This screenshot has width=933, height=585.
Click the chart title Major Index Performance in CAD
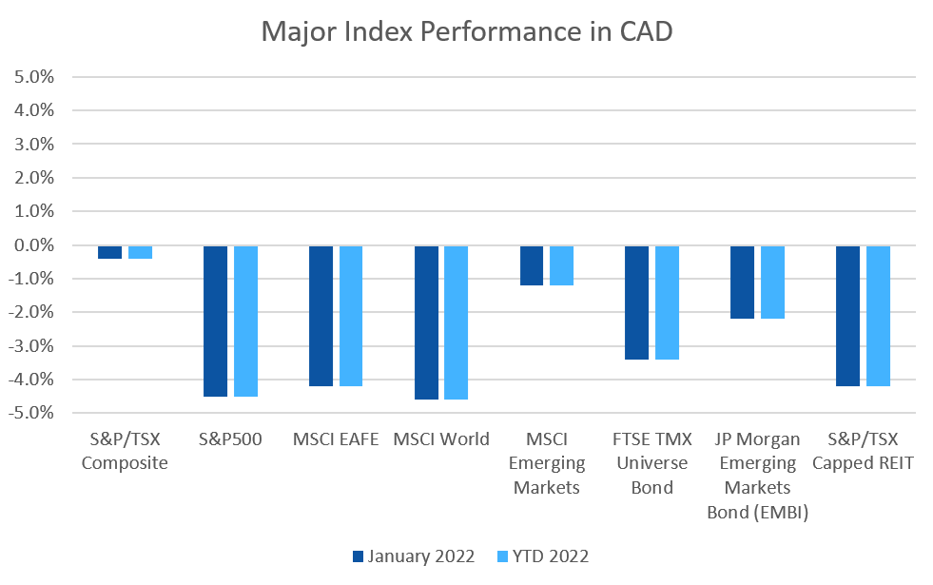pos(466,31)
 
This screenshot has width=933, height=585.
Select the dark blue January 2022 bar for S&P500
pos(216,321)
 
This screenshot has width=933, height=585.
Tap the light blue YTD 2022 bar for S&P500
pos(245,321)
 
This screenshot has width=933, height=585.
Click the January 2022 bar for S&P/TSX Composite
pos(110,252)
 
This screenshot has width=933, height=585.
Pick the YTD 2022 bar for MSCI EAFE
pos(351,316)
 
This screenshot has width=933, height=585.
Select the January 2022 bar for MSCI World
pos(427,322)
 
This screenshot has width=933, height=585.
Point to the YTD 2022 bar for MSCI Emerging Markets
pos(561,265)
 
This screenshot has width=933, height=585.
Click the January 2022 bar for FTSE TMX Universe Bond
pos(637,302)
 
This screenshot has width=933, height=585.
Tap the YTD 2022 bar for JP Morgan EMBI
pos(772,283)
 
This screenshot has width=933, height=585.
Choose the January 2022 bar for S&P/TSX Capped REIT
pos(847,316)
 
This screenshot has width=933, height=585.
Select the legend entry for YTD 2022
pos(543,556)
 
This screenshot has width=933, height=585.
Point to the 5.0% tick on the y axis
pos(34,77)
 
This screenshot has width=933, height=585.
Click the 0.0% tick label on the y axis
pos(34,245)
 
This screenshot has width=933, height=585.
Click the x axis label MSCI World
pos(441,439)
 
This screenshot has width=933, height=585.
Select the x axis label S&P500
pos(230,439)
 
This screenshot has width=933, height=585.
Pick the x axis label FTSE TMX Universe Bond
pos(651,463)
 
